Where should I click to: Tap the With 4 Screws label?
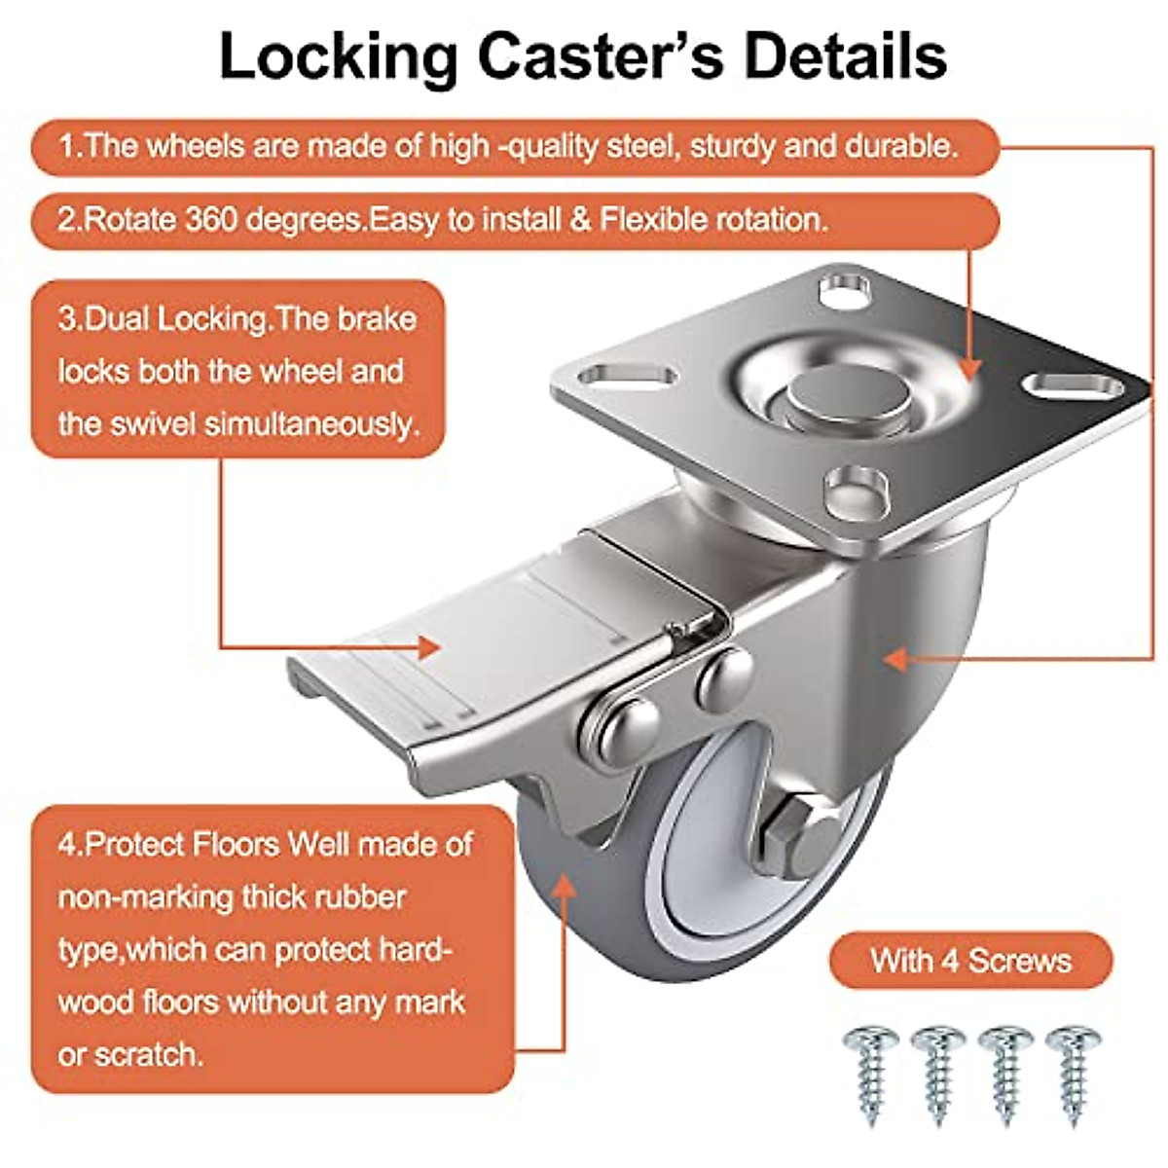tap(970, 961)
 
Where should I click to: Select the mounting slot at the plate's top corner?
tap(844, 288)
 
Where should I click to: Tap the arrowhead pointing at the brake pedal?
tap(429, 645)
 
